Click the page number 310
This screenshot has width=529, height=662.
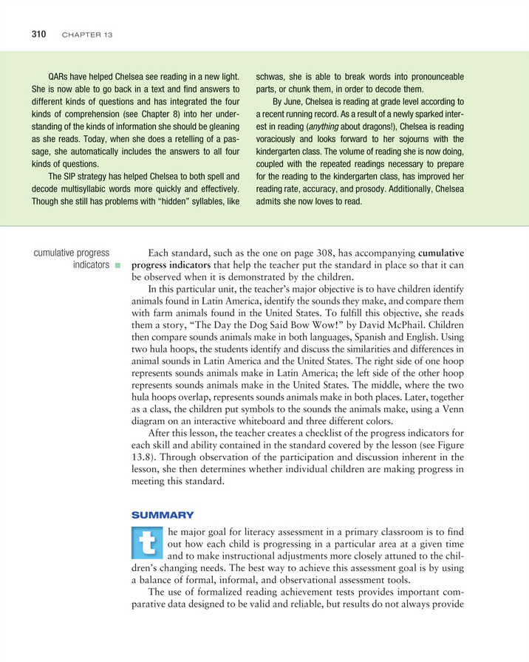[38, 34]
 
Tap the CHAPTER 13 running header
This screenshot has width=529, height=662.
[86, 35]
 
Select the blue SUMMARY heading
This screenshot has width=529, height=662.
[162, 513]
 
